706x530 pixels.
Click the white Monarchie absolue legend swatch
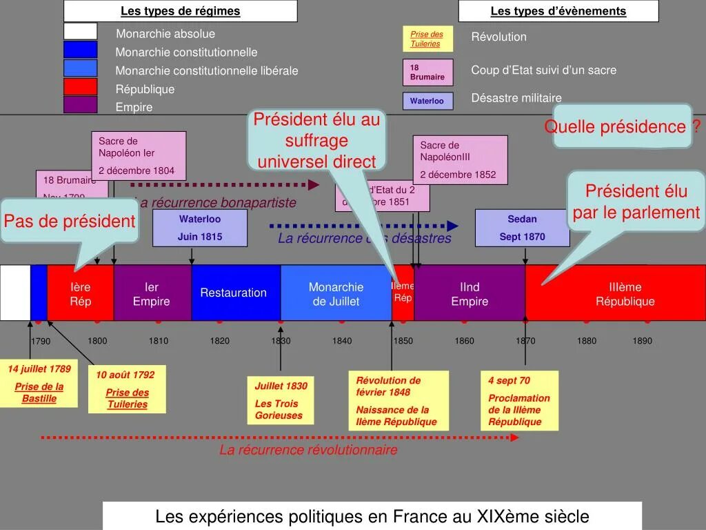tap(80, 32)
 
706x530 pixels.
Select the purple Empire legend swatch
tap(80, 105)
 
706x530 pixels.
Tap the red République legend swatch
tap(80, 87)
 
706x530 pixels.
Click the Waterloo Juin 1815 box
tap(199, 228)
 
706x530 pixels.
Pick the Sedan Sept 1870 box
tap(522, 228)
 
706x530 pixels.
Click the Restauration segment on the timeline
tap(234, 293)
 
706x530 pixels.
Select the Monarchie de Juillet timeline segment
tap(336, 293)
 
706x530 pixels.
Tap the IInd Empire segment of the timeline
tap(470, 293)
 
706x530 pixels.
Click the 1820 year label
tap(220, 341)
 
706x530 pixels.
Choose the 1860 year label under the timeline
tap(465, 341)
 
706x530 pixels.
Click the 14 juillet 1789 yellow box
tap(39, 384)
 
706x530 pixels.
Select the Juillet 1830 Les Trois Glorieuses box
tap(281, 400)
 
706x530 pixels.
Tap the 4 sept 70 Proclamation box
tap(520, 401)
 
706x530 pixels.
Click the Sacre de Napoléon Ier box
tap(141, 155)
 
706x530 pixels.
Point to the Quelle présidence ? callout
tap(622, 126)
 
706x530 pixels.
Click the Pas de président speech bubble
tap(69, 222)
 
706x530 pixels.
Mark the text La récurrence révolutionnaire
tap(308, 450)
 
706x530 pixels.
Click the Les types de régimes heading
tap(181, 11)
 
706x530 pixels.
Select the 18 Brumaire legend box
tap(427, 72)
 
